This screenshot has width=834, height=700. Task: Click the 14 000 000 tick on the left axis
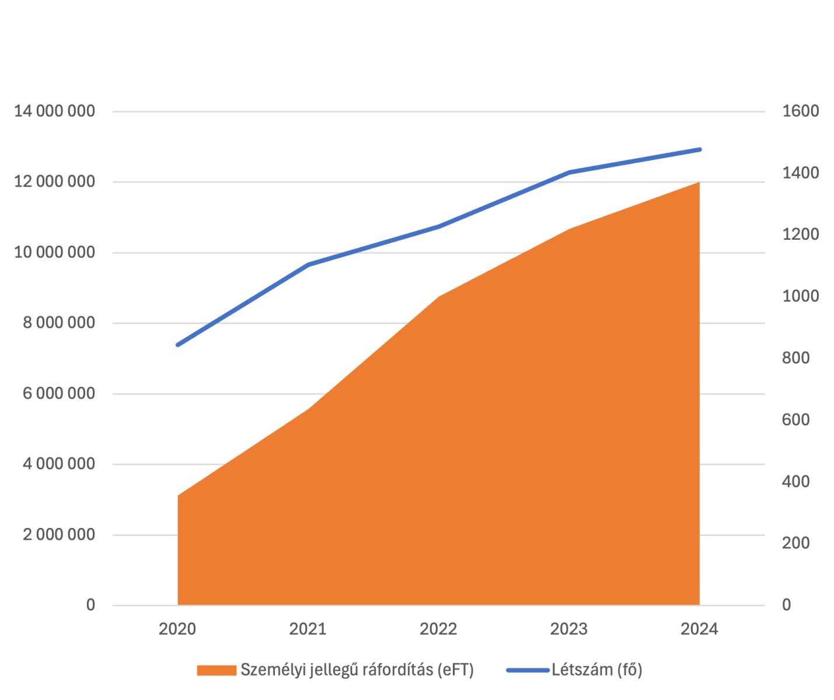click(54, 111)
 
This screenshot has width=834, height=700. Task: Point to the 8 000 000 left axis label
click(58, 323)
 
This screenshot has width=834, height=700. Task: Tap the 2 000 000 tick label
click(58, 535)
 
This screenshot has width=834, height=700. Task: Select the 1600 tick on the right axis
click(800, 111)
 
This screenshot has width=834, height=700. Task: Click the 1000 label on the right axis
click(800, 296)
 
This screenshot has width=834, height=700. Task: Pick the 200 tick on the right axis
click(796, 543)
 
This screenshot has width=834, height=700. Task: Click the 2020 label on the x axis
click(177, 629)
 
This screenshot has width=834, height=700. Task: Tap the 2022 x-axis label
click(439, 629)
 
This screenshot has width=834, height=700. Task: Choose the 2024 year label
click(700, 629)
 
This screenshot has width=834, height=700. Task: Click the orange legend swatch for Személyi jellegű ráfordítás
click(217, 670)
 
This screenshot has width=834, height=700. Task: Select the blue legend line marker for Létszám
click(528, 670)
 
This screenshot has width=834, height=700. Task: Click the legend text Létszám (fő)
click(597, 670)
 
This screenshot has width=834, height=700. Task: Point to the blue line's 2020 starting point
click(177, 345)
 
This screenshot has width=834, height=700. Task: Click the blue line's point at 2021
click(308, 265)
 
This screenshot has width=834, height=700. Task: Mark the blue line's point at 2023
click(570, 172)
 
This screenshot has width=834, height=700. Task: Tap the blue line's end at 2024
click(700, 149)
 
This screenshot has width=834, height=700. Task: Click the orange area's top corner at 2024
click(699, 183)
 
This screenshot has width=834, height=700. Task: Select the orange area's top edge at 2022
click(439, 297)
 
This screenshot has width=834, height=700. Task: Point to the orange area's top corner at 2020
click(178, 496)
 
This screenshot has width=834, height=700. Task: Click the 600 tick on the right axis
click(796, 420)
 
